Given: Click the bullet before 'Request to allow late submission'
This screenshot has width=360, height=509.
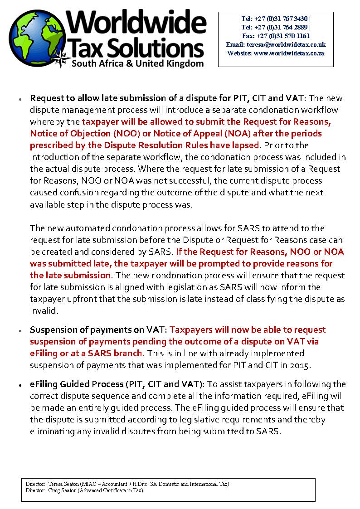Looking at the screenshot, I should point(21,98).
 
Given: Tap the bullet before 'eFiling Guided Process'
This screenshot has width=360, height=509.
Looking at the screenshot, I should point(21,385).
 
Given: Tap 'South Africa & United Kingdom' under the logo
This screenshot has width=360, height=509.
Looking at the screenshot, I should point(138,63).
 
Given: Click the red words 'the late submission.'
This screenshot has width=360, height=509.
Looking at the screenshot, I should point(71,275).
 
